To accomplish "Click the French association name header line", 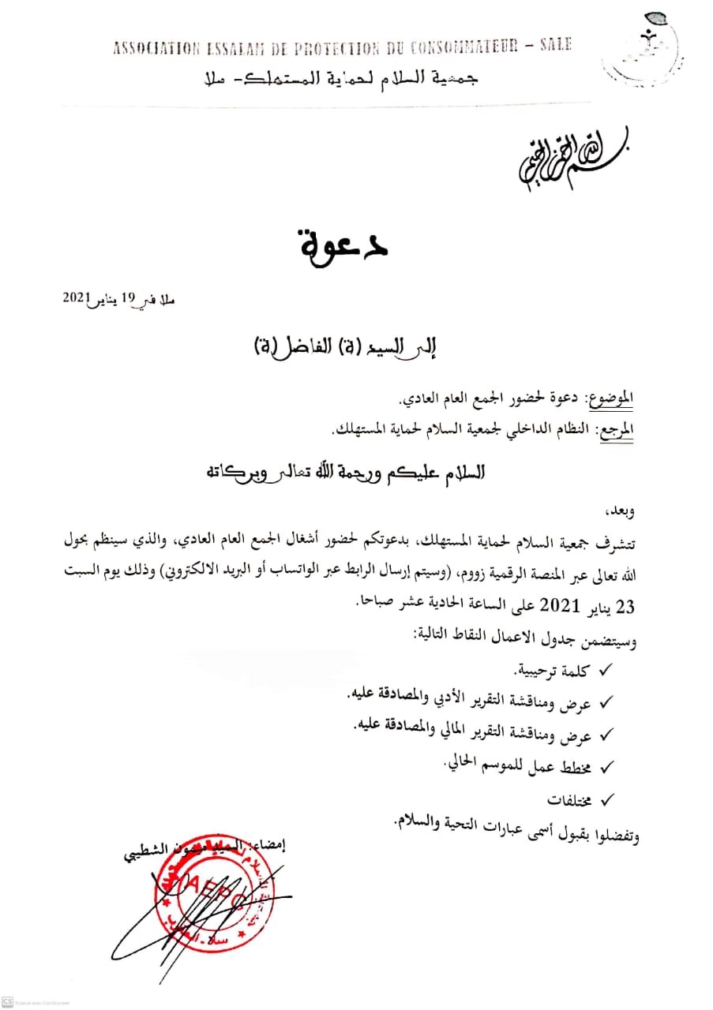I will (x=339, y=47).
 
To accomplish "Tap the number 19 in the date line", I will (x=128, y=298).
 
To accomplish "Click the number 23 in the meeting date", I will (x=625, y=606).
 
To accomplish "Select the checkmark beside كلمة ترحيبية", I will (x=608, y=671).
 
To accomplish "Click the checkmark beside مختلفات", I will (x=608, y=800).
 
